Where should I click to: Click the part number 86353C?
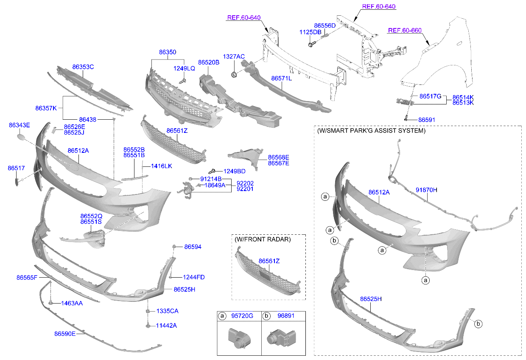pyautogui.click(x=83, y=67)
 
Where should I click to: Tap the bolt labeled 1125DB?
pyautogui.click(x=311, y=43)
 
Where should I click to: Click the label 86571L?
pyautogui.click(x=281, y=79)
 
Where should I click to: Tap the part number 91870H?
pyautogui.click(x=426, y=190)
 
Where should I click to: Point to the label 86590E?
pyautogui.click(x=64, y=334)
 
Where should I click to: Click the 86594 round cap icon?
pyautogui.click(x=174, y=247)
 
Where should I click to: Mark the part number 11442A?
pyautogui.click(x=166, y=326)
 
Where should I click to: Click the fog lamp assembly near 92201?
pyautogui.click(x=187, y=189)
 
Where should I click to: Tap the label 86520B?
pyautogui.click(x=208, y=62)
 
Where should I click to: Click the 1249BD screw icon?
pyautogui.click(x=216, y=171)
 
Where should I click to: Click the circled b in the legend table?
pyautogui.click(x=266, y=316)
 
